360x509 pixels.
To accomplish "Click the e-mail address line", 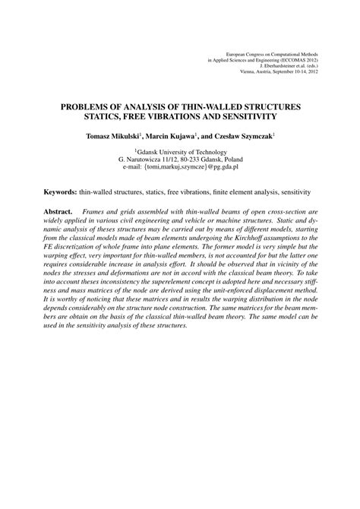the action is point(180,169).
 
